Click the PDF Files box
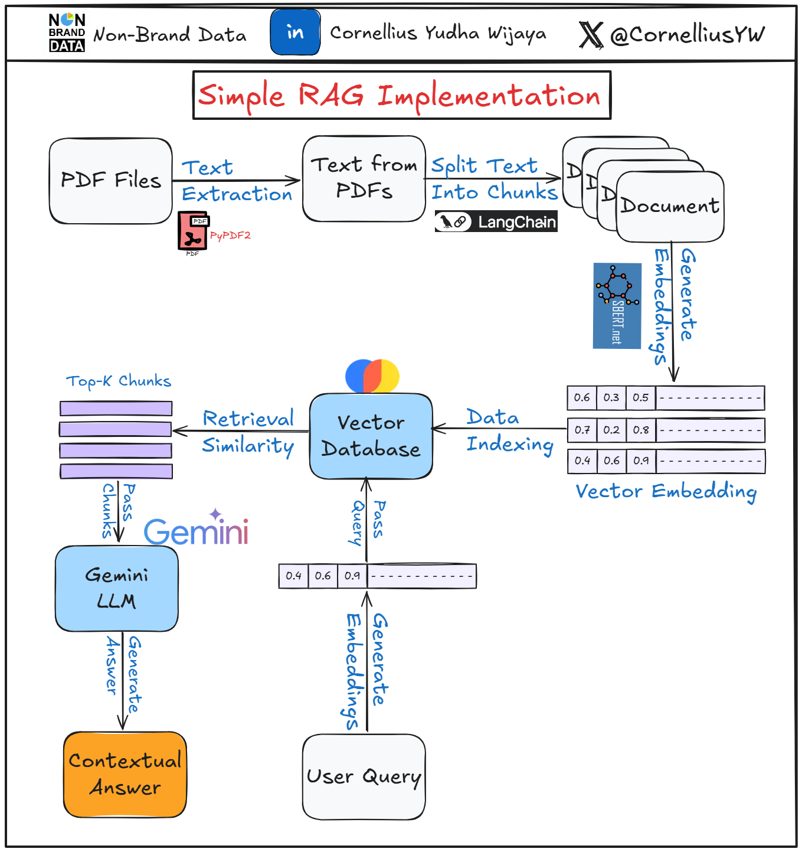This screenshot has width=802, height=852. (x=111, y=181)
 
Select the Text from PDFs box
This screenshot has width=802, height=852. (x=364, y=178)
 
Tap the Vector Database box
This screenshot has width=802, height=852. (x=371, y=436)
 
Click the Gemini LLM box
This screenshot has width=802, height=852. (x=116, y=588)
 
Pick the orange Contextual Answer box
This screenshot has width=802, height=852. (x=125, y=774)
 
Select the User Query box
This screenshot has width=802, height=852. (x=364, y=776)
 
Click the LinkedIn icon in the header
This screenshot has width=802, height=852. (x=295, y=32)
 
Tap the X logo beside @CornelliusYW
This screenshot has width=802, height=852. (x=591, y=34)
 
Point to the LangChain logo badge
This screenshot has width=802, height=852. (x=496, y=222)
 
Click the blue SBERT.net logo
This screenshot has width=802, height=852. (x=617, y=306)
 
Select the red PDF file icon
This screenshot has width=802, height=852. (x=192, y=231)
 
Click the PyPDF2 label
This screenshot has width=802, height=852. (x=230, y=236)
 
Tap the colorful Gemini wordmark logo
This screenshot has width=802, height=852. (x=196, y=530)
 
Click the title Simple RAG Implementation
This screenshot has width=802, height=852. (x=401, y=96)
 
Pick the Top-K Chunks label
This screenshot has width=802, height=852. (x=119, y=381)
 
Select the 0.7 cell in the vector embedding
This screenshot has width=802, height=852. (x=582, y=430)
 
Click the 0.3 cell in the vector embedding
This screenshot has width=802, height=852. (x=611, y=397)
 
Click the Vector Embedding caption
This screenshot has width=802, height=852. (x=666, y=491)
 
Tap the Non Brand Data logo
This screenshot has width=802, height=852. (x=67, y=33)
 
